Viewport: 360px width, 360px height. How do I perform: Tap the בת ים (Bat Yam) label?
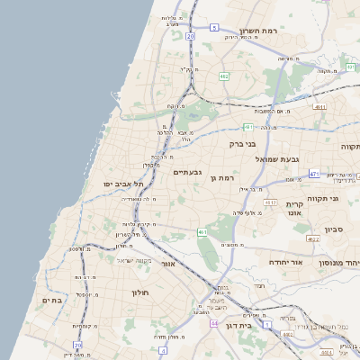[52, 300]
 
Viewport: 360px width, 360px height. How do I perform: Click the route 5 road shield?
[215, 28]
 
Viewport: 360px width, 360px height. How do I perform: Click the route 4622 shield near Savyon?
[313, 239]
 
